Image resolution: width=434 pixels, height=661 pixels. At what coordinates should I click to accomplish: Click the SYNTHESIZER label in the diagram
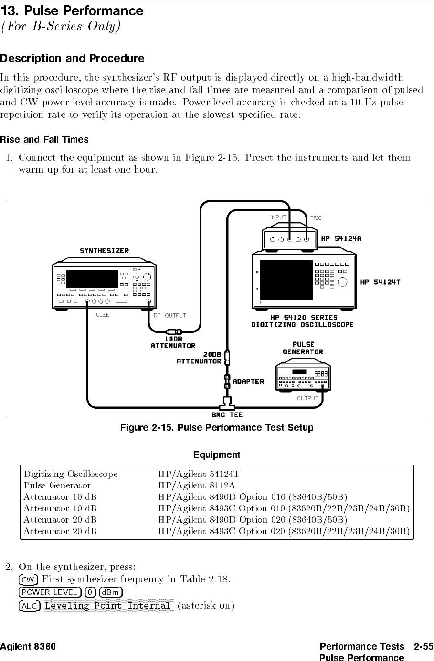pyautogui.click(x=104, y=251)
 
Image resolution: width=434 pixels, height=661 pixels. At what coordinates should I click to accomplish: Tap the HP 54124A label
pyautogui.click(x=341, y=238)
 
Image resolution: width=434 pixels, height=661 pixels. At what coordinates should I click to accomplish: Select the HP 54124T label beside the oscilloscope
pyautogui.click(x=380, y=282)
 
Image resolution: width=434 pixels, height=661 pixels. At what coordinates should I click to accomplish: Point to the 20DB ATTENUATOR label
pyautogui.click(x=199, y=358)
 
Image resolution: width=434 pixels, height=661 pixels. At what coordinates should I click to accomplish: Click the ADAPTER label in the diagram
pyautogui.click(x=248, y=382)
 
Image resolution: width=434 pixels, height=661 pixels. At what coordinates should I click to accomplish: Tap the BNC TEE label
pyautogui.click(x=227, y=415)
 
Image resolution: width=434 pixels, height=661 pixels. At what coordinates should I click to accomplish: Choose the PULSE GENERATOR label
pyautogui.click(x=303, y=348)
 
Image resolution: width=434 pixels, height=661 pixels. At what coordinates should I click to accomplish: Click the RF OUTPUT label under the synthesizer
pyautogui.click(x=169, y=315)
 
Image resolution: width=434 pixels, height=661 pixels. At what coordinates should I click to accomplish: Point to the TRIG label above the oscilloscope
pyautogui.click(x=316, y=218)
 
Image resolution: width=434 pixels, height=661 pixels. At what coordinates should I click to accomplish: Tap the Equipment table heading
pyautogui.click(x=217, y=454)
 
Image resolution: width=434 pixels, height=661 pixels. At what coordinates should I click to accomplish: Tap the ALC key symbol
pyautogui.click(x=29, y=606)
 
